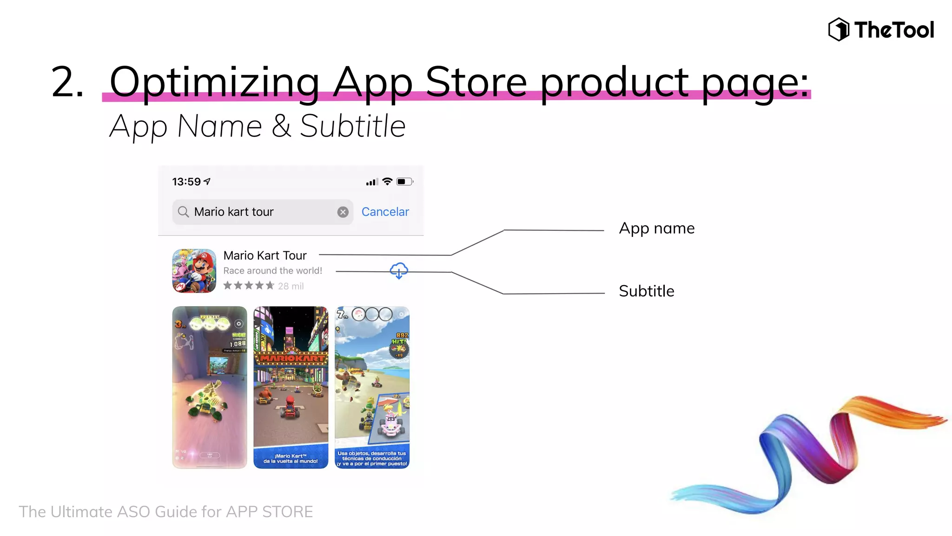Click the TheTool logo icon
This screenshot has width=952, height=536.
click(x=839, y=29)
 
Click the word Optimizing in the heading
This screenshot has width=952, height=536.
click(x=214, y=82)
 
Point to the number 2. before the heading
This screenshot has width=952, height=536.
click(x=67, y=82)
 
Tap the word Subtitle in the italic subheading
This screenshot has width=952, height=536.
click(x=352, y=126)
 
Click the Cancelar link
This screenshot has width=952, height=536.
click(x=385, y=212)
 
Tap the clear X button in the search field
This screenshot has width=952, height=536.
click(x=343, y=212)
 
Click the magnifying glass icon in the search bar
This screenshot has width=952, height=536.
click(x=184, y=212)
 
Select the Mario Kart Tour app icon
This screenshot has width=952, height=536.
click(x=194, y=271)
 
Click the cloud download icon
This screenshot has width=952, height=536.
click(x=399, y=270)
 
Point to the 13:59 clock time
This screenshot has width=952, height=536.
click(x=186, y=182)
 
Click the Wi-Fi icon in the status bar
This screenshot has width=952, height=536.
click(x=387, y=181)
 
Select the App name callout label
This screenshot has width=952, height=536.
click(x=656, y=228)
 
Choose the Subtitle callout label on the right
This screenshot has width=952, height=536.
click(x=646, y=291)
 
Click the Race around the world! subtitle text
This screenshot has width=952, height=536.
click(x=272, y=271)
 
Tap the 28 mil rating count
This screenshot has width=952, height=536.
click(x=291, y=286)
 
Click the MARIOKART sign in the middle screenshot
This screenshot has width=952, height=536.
click(x=291, y=358)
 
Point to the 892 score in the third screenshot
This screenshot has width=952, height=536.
click(x=402, y=335)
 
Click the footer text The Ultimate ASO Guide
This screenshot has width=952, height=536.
click(x=165, y=512)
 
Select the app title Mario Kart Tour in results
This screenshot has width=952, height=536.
click(x=265, y=255)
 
